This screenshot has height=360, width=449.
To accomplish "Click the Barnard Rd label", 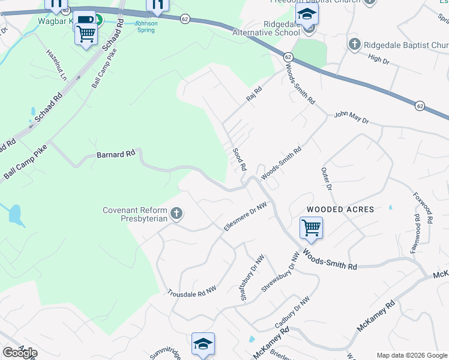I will [x=116, y=154].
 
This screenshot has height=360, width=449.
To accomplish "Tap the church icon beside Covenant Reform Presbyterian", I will [x=176, y=213].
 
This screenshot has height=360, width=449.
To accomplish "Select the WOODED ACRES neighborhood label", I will [x=340, y=209].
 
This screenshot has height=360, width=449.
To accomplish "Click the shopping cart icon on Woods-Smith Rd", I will [x=311, y=227].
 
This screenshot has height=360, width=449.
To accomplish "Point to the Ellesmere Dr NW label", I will [x=244, y=218].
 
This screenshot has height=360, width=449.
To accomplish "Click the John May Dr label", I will [x=351, y=117].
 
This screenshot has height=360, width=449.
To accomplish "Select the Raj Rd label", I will [x=255, y=94].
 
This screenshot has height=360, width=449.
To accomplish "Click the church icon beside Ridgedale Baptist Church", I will [x=355, y=44].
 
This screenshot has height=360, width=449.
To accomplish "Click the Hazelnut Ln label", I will [x=56, y=64].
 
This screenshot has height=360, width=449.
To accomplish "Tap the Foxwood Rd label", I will [x=421, y=208].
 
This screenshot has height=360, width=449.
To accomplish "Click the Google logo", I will [x=20, y=353].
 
